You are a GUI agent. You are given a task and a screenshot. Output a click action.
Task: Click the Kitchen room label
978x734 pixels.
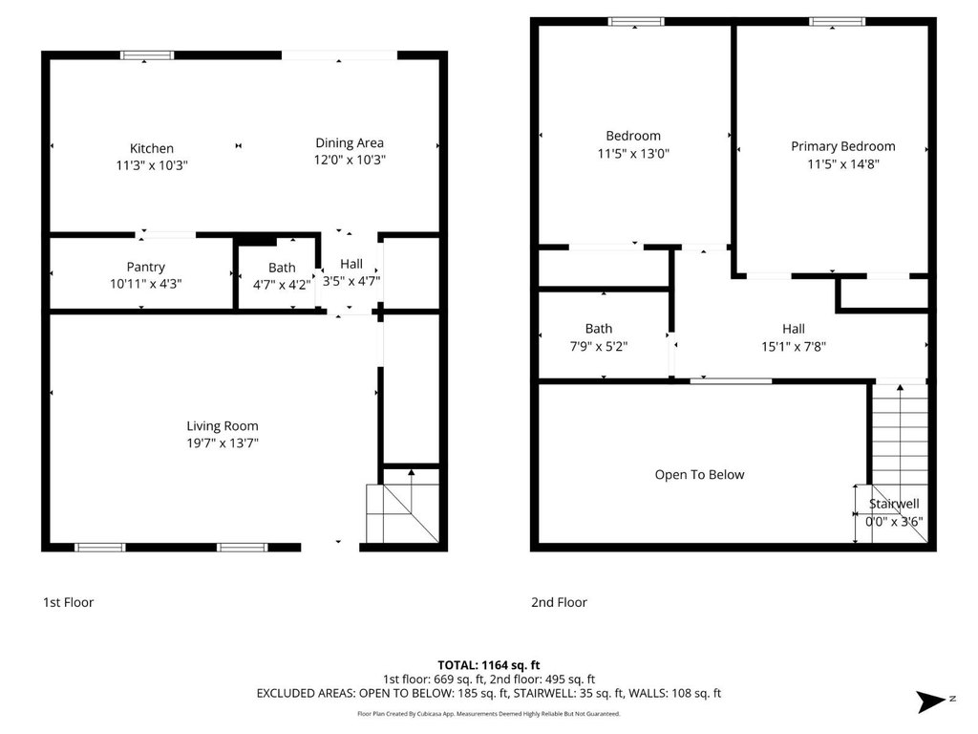pos(152,148)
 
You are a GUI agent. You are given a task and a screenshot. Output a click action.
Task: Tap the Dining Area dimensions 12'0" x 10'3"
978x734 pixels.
pos(350,160)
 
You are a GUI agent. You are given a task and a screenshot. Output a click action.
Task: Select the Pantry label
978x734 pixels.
pos(145,268)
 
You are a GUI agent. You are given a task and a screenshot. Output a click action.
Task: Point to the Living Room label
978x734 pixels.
pos(222,426)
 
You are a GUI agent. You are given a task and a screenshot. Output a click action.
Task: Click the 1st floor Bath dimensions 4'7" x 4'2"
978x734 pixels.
pos(282,285)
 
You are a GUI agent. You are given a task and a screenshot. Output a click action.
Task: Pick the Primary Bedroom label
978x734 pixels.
pos(843,146)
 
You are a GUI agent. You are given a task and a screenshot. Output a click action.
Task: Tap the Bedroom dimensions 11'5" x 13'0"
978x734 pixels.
pos(633,154)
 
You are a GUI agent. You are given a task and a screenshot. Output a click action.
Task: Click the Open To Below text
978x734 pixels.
pos(699,475)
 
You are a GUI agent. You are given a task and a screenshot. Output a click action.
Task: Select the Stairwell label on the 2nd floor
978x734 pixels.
pos(894,504)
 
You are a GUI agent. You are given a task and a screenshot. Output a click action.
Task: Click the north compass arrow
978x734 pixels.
pos(931,701)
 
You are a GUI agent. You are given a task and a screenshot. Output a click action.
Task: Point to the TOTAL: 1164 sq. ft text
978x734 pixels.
pos(488,665)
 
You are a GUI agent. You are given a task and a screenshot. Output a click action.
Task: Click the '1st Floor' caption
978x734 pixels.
pos(68,602)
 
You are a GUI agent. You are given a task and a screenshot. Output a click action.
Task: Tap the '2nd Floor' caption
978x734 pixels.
pos(559,602)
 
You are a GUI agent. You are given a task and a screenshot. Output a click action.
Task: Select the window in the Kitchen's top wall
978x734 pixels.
pos(147,55)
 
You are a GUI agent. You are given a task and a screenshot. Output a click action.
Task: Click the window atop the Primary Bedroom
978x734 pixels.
pos(837,22)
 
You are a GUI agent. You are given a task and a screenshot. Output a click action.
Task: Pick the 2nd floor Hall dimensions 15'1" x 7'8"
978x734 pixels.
pos(794,346)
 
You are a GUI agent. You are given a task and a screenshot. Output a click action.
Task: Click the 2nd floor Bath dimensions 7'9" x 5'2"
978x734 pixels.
pos(598,346)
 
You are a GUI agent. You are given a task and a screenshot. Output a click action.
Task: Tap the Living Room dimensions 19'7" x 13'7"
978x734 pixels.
pos(222,443)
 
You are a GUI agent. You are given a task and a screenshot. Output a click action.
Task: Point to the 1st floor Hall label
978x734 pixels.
pos(351,264)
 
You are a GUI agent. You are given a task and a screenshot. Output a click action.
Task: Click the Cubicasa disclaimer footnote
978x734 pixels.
pos(488,713)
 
